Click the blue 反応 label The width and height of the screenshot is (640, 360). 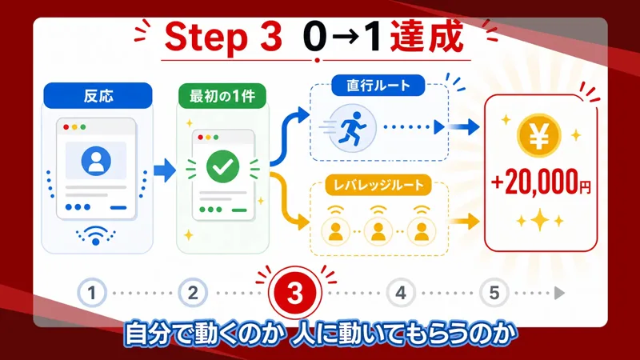(98, 96)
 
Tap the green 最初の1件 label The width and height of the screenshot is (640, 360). (222, 96)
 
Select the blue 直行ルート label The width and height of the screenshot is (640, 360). (378, 86)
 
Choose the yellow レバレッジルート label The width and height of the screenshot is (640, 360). (378, 185)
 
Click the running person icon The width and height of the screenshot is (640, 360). (352, 128)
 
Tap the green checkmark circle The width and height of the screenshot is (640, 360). (222, 166)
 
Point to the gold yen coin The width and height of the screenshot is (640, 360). (538, 135)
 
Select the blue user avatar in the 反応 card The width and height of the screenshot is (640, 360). (96, 161)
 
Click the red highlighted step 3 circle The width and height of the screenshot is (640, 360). (294, 292)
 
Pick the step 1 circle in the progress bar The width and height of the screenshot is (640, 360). (92, 293)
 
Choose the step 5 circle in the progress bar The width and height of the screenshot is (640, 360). (494, 293)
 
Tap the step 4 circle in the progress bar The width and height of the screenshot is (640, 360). (401, 293)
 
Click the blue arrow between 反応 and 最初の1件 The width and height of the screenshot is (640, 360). (165, 170)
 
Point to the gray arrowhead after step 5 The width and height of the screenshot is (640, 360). (559, 293)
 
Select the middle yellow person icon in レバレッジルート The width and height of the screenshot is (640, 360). (378, 231)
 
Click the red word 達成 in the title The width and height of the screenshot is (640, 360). (427, 37)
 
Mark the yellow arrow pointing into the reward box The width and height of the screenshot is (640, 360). (464, 222)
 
